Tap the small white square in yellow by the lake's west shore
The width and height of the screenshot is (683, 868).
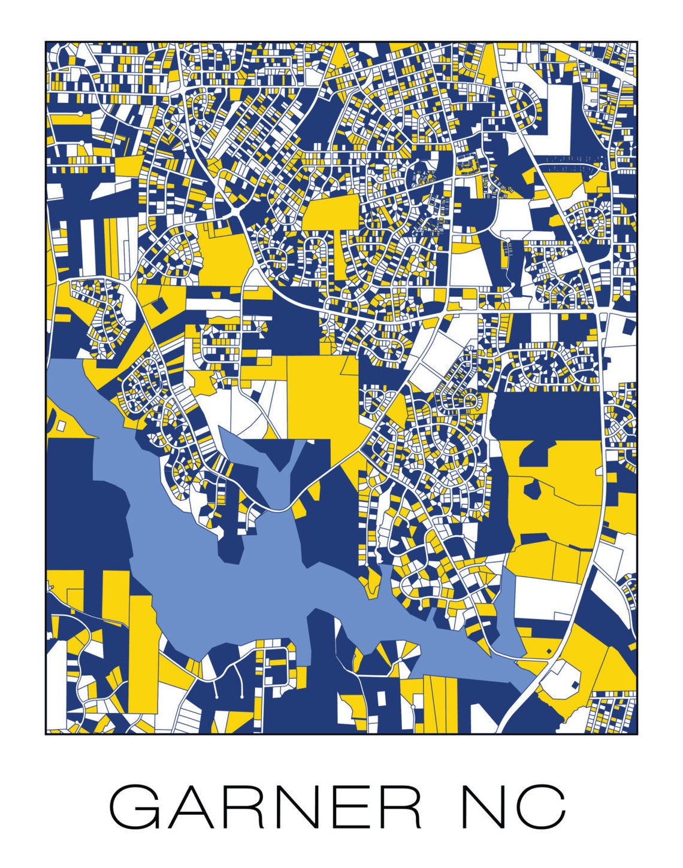(x=61, y=426)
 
